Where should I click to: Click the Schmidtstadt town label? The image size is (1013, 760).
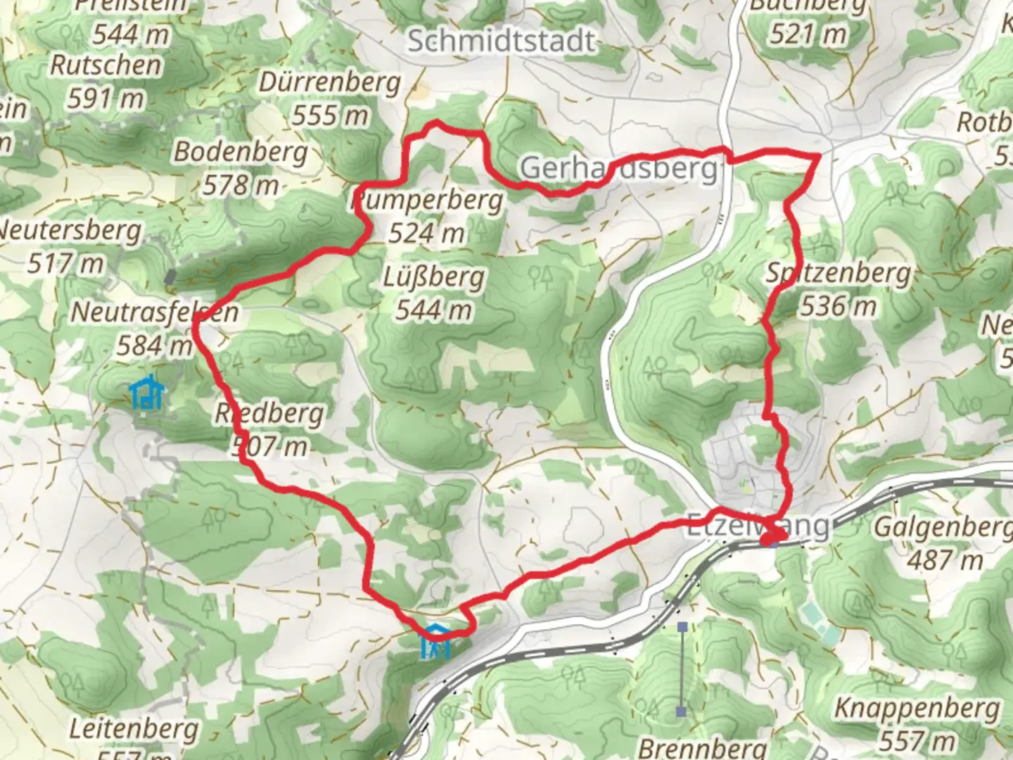502,41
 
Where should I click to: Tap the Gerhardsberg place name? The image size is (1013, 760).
619,169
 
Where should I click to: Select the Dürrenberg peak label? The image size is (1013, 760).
329,82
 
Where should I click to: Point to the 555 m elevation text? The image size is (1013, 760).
329,115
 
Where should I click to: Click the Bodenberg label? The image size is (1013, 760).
241,151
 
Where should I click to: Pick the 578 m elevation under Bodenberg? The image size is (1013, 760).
241,185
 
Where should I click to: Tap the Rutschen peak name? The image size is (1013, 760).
106,65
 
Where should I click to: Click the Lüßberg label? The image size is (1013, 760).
433,277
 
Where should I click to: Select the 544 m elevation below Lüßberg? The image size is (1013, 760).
433,310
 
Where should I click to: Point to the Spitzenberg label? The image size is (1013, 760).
838,272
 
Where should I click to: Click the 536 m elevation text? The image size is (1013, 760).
838,306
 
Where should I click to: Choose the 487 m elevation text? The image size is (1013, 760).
944,561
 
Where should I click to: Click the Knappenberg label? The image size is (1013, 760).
917,709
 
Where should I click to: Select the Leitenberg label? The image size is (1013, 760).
134,729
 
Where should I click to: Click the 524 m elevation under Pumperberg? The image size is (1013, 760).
426,232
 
